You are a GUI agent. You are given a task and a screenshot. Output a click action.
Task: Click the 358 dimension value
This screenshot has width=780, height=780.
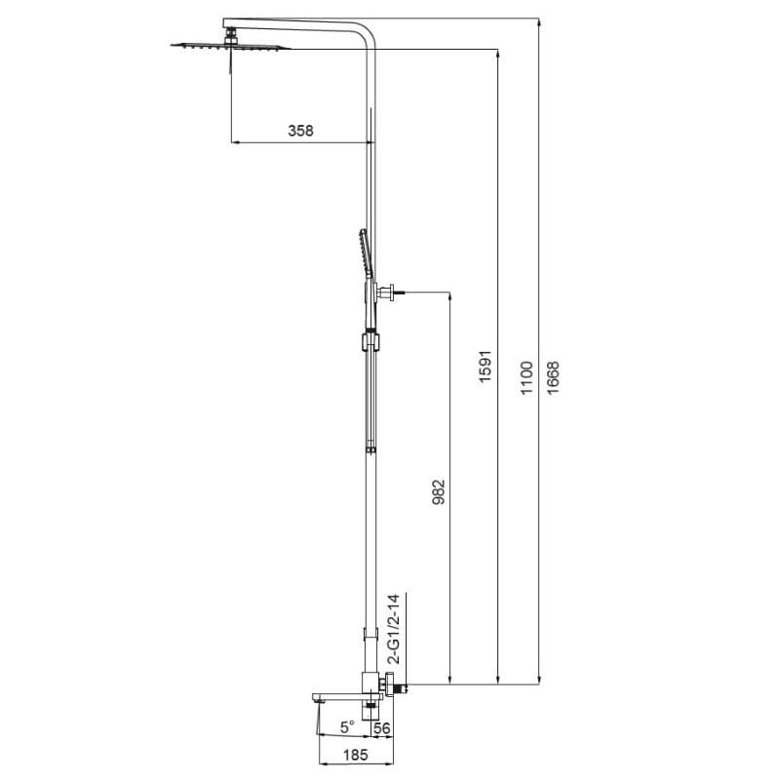pyautogui.click(x=300, y=131)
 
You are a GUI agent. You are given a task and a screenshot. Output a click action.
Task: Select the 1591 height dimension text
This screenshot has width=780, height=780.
pyautogui.click(x=485, y=367)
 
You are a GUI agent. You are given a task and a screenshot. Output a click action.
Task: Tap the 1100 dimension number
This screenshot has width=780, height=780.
pyautogui.click(x=526, y=378)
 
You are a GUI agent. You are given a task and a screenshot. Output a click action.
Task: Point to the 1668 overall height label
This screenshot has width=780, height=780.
pyautogui.click(x=553, y=378)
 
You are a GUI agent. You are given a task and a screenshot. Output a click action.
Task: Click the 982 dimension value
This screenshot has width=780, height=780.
pyautogui.click(x=438, y=492)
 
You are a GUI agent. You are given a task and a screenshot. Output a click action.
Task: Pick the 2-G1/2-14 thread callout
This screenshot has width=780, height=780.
pyautogui.click(x=394, y=628)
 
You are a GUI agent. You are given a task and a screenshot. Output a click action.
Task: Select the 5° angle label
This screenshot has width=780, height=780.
pyautogui.click(x=347, y=726)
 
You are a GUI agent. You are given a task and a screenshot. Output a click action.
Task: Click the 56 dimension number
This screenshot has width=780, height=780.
pyautogui.click(x=381, y=728)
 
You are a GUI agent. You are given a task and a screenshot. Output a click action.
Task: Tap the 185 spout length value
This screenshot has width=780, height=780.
pyautogui.click(x=355, y=755)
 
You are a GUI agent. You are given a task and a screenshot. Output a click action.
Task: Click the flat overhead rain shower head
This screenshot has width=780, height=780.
pyautogui.click(x=230, y=47)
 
